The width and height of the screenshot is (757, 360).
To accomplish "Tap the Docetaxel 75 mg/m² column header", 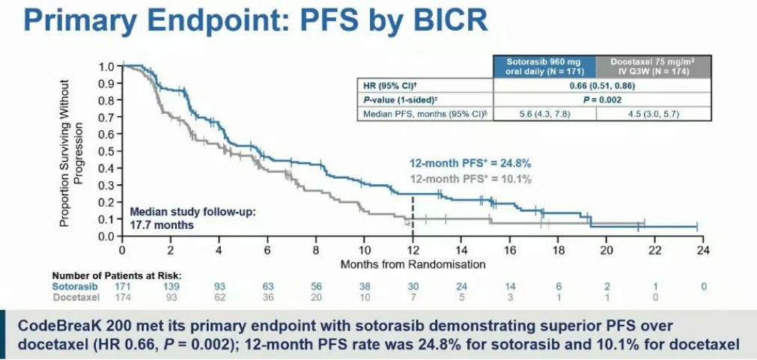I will [x=653, y=65].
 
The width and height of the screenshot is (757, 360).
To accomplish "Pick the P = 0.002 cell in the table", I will [x=598, y=100].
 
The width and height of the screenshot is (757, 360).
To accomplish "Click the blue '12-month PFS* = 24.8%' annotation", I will [x=470, y=163].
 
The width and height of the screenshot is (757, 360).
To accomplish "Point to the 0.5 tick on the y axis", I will [x=107, y=151].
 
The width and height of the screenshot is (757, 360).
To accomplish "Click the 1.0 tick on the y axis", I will [x=107, y=66].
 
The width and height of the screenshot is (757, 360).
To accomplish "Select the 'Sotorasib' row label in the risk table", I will [x=72, y=287].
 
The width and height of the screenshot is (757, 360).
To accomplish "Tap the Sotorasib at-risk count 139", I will [x=171, y=287].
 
